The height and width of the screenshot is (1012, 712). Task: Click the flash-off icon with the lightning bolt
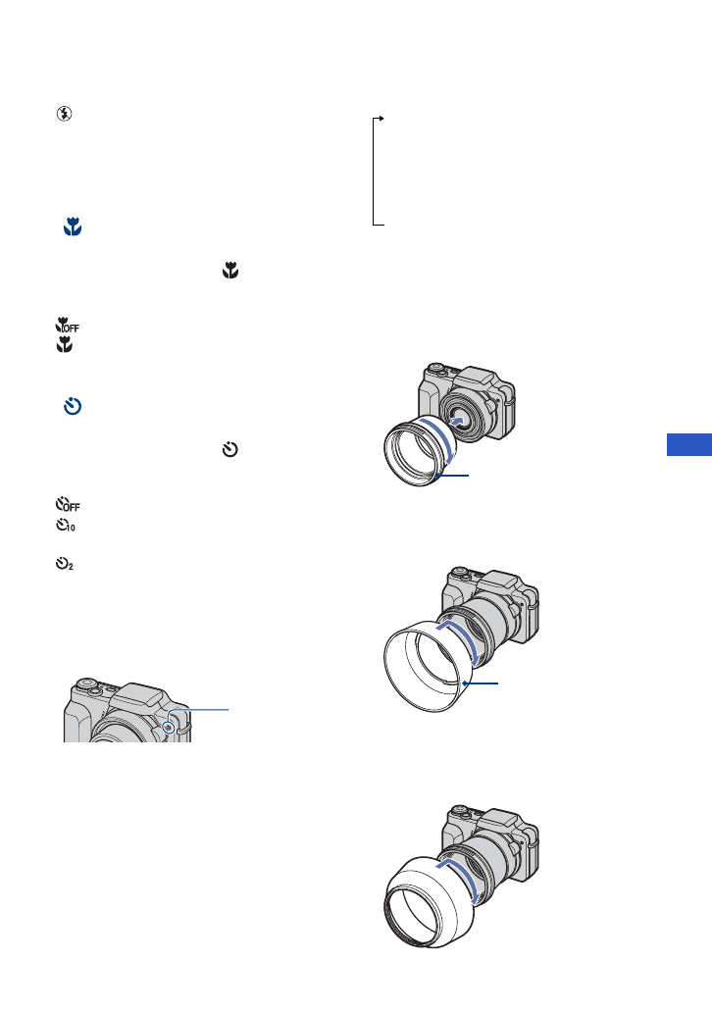(x=64, y=114)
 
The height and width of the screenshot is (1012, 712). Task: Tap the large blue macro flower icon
(x=73, y=227)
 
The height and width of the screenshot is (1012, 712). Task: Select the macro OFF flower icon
(x=67, y=325)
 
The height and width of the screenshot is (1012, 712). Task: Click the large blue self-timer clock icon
(x=73, y=406)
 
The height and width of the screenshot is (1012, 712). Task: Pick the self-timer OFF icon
(x=68, y=504)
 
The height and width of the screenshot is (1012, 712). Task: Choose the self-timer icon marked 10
(x=65, y=526)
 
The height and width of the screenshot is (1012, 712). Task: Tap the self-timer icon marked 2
(x=64, y=564)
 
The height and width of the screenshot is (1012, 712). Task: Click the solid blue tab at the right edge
(x=689, y=444)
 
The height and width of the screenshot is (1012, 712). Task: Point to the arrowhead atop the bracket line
(x=381, y=118)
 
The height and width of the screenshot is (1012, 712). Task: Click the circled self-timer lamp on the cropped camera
(x=169, y=728)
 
